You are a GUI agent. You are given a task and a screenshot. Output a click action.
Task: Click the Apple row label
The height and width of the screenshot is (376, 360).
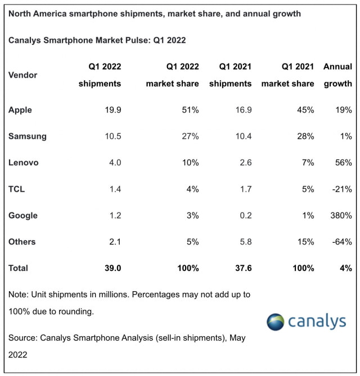click(x=20, y=110)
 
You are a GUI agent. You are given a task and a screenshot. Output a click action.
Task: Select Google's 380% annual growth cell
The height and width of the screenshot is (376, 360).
click(x=341, y=215)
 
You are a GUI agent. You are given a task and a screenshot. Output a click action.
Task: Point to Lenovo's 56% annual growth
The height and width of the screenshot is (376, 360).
click(x=343, y=163)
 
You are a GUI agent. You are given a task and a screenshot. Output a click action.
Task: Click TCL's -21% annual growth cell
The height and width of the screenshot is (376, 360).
click(x=341, y=189)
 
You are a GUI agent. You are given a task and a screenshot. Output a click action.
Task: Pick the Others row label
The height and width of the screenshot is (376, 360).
click(x=22, y=242)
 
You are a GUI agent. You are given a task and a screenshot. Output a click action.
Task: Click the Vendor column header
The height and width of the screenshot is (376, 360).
click(x=23, y=75)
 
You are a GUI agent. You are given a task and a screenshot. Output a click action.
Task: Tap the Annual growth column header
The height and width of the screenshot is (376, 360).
click(x=337, y=75)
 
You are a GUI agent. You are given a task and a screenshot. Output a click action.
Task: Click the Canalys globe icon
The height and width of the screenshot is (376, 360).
click(x=276, y=321)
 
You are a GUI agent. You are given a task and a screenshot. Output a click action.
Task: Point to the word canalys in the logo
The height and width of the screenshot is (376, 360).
click(x=317, y=321)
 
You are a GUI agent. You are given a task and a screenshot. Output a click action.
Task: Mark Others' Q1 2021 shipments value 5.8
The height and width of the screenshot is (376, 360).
click(x=245, y=242)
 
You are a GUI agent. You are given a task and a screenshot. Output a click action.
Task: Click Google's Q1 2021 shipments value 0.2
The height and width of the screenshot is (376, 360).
click(x=245, y=215)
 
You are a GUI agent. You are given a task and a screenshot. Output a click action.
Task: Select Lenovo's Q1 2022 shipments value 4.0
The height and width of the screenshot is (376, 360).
click(x=113, y=163)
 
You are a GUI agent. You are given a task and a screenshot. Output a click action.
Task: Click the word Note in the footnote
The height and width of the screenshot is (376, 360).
click(x=19, y=295)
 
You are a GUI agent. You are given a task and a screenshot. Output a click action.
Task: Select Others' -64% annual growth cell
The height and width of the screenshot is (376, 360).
click(x=341, y=242)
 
